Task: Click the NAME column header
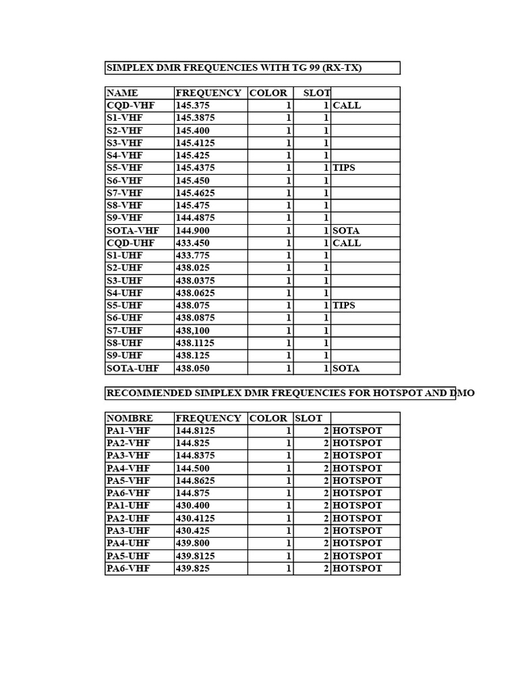pos(122,93)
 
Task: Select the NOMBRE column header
pos(130,418)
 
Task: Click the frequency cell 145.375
pos(193,105)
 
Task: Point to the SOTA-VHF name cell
pos(133,230)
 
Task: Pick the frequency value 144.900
pos(193,230)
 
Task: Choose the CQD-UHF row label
pos(130,243)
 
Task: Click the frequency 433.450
pos(193,243)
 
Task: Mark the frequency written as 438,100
pos(193,331)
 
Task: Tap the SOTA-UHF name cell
pos(134,368)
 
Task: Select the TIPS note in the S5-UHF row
pos(344,306)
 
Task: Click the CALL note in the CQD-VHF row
pos(347,105)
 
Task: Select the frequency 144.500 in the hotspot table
pos(193,468)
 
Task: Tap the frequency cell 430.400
pos(193,505)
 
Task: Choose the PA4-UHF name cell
pos(129,543)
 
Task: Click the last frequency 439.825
pos(193,568)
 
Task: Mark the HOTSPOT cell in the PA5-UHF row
pos(357,556)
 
